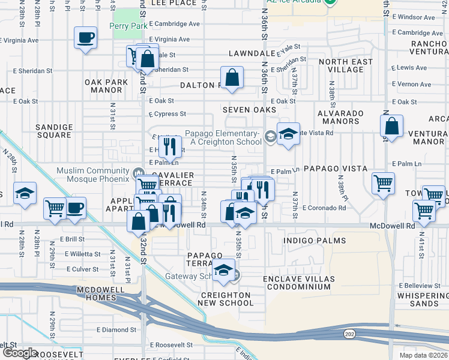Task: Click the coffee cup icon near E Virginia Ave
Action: click(85, 38)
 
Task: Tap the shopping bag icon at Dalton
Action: click(232, 77)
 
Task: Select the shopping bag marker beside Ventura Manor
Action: click(391, 127)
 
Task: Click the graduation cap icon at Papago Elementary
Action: click(288, 134)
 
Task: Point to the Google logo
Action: click(20, 353)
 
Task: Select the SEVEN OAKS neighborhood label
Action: click(249, 110)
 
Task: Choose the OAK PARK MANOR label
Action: click(103, 86)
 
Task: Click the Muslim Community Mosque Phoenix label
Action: click(93, 175)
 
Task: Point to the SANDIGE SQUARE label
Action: click(53, 131)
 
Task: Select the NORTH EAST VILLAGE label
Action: click(341, 65)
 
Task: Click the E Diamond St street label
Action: click(116, 330)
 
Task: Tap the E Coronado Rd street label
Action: click(324, 208)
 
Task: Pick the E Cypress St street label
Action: click(167, 113)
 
